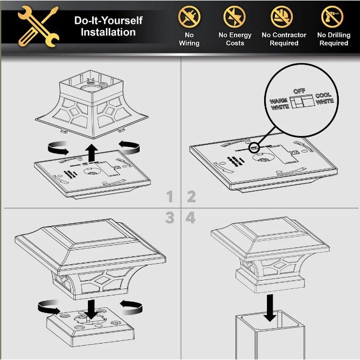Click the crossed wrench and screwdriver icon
pyautogui.click(x=38, y=26)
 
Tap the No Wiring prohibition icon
pyautogui.click(x=189, y=17)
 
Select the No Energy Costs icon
pyautogui.click(x=235, y=17)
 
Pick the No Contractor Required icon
pyautogui.click(x=282, y=17)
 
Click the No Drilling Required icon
pyautogui.click(x=332, y=17)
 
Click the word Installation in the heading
pyautogui.click(x=108, y=32)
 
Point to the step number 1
pyautogui.click(x=169, y=196)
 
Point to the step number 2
pyautogui.click(x=191, y=196)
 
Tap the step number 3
pyautogui.click(x=169, y=218)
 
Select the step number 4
pyautogui.click(x=191, y=218)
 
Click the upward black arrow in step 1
pyautogui.click(x=92, y=152)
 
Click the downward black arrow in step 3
pyautogui.click(x=91, y=309)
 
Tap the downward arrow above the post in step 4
pyautogui.click(x=270, y=308)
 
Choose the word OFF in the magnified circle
pyautogui.click(x=299, y=91)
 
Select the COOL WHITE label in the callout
pyautogui.click(x=324, y=98)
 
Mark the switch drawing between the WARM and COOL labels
pyautogui.click(x=302, y=101)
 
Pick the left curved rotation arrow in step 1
pyautogui.click(x=58, y=148)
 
